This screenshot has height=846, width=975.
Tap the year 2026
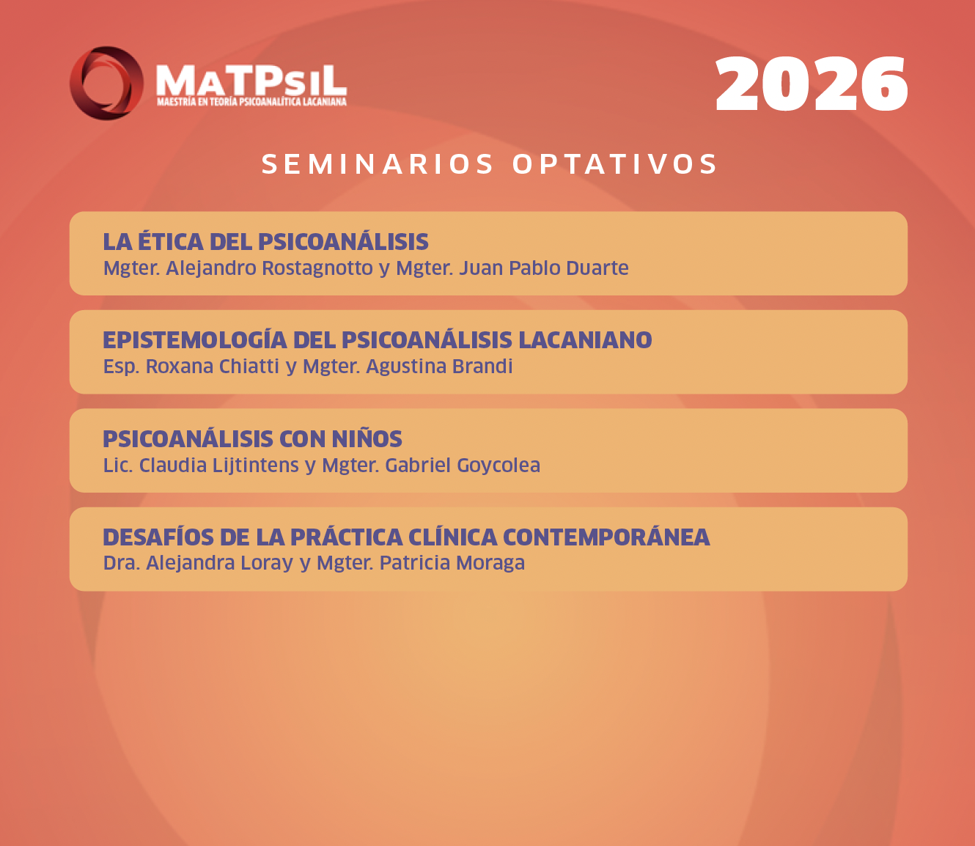811,84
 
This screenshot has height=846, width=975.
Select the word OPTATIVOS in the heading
615,164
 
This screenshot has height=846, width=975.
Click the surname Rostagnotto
317,268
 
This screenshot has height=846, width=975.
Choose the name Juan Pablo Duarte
544,268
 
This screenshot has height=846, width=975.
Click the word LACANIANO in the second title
585,340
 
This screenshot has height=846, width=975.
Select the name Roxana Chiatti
212,367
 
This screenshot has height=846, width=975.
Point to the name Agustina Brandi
439,367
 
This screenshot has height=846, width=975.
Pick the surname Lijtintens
255,466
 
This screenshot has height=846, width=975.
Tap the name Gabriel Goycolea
463,466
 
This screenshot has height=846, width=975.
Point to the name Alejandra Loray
219,563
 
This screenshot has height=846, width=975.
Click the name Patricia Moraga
452,563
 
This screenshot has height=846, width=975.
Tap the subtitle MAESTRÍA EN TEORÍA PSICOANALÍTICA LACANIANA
251,101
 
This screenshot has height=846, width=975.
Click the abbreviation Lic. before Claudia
118,466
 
